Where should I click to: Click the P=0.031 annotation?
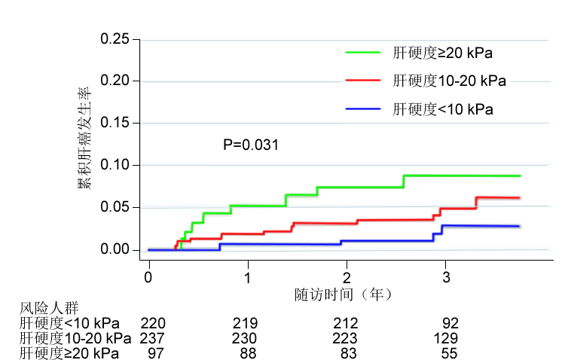[251, 145]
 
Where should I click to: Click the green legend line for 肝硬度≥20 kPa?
[362, 53]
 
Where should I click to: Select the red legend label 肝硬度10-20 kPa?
[450, 81]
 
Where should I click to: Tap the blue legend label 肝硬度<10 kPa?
[443, 109]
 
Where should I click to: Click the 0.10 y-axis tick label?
[115, 165]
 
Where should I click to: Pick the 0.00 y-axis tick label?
[115, 249]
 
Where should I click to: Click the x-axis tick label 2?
[347, 278]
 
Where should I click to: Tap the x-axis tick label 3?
[446, 278]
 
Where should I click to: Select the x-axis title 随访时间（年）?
[344, 294]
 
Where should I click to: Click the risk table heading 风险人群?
[49, 308]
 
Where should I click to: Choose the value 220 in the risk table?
[153, 323]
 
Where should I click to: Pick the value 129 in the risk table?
[445, 338]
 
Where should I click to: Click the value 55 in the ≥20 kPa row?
[449, 353]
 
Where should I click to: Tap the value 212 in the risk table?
[346, 323]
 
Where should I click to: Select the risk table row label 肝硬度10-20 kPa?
[75, 338]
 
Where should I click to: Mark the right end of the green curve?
[520, 176]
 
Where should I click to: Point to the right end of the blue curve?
[519, 227]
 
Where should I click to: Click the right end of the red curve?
[520, 198]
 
